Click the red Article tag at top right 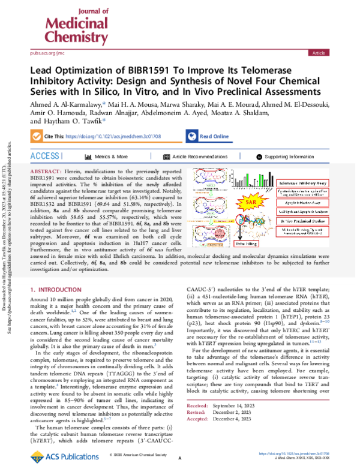coord(318,53)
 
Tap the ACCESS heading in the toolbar coord(46,156)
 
